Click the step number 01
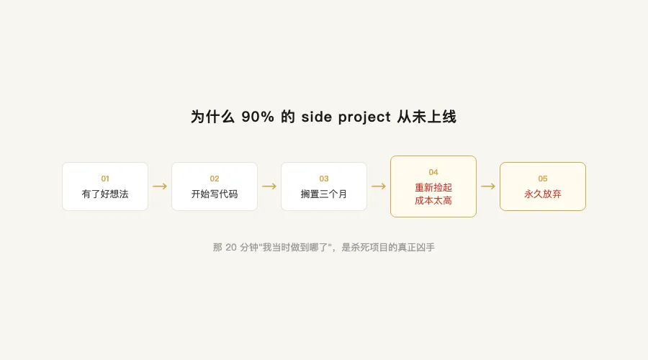click(105, 179)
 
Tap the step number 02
click(215, 179)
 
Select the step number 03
click(324, 179)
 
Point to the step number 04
click(433, 172)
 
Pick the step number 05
click(543, 179)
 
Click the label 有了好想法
click(105, 194)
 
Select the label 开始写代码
click(215, 194)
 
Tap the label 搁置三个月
click(324, 194)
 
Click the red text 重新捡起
click(433, 187)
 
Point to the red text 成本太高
click(433, 201)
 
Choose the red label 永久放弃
click(543, 194)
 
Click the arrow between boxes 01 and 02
click(160, 186)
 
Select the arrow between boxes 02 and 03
click(269, 186)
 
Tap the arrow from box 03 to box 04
click(379, 186)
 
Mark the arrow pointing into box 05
click(488, 186)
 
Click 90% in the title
click(258, 117)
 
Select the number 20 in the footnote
click(231, 248)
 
